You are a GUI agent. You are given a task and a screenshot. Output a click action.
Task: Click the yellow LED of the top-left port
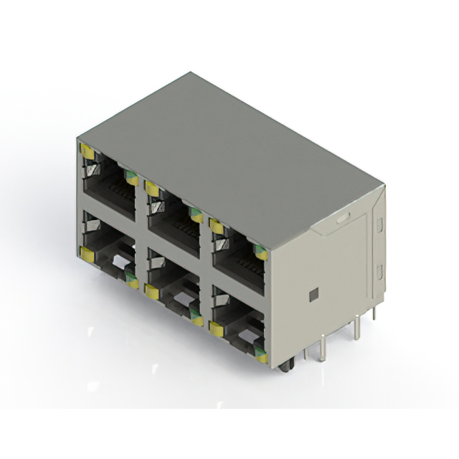[87, 151]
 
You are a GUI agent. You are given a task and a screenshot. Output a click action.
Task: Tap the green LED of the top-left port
[131, 177]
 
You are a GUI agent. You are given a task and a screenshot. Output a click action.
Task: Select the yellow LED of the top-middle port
[151, 189]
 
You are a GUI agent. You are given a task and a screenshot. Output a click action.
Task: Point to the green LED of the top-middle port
[195, 213]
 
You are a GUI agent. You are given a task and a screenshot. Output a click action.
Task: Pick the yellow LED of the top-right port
[217, 226]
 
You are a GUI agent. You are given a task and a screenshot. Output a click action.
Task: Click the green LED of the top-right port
[261, 252]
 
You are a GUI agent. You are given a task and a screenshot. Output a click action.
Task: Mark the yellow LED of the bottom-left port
[87, 252]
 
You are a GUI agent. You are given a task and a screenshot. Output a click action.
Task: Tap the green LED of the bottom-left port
[131, 280]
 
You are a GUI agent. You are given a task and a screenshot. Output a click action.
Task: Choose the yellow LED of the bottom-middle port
[151, 290]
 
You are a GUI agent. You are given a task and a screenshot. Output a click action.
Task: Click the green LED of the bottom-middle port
[196, 318]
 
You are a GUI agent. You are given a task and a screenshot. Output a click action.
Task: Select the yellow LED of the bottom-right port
[216, 328]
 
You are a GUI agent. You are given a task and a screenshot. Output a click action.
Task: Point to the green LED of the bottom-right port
[261, 355]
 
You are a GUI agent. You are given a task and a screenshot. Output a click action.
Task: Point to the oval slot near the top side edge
[343, 215]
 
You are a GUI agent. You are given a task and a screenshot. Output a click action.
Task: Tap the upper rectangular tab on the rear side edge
[379, 224]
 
